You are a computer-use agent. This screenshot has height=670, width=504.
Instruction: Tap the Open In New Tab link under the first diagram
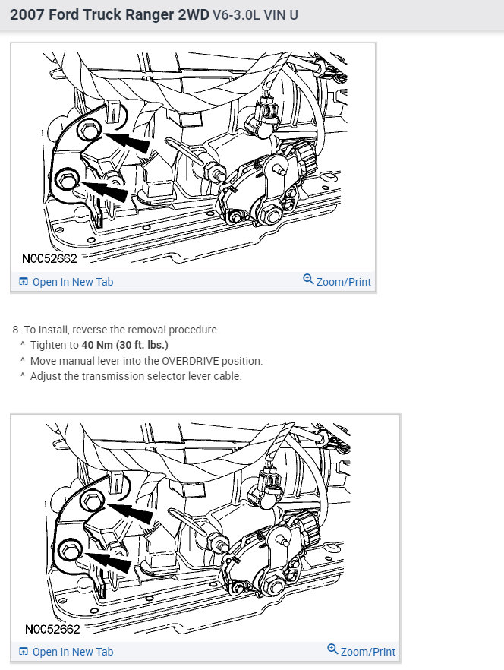pos(66,282)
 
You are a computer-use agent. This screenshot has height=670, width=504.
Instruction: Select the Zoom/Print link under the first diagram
pos(337,281)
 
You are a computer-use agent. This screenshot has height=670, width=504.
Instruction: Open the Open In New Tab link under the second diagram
pos(66,652)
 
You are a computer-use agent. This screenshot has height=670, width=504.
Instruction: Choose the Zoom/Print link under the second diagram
pos(361,651)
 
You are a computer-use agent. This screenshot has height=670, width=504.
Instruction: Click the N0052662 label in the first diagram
pos(49,258)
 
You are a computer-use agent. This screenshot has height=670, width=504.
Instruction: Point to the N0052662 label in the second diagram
pos(52,629)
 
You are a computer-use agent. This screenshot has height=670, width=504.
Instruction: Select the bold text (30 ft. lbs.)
pos(142,345)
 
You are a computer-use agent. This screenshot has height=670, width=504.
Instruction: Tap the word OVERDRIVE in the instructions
pos(191,361)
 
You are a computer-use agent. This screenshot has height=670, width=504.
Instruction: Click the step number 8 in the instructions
pos(16,330)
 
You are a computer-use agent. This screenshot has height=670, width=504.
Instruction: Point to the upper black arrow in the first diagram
pos(128,142)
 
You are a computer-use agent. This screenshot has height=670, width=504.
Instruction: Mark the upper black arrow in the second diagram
pos(130,513)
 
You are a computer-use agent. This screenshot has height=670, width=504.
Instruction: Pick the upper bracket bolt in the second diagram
pos(91,500)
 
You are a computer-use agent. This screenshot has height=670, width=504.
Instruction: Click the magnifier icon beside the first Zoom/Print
pos(308,279)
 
